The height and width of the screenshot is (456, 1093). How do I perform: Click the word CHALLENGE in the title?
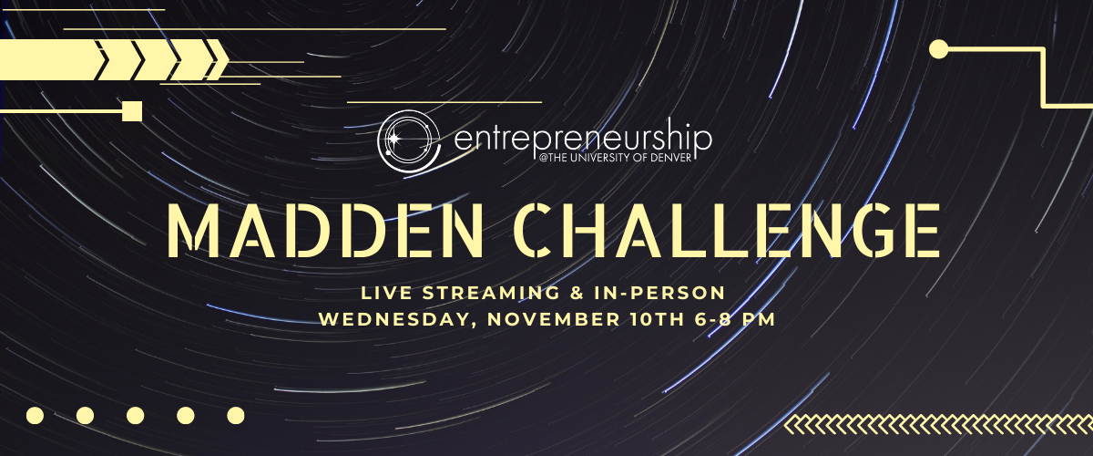727,230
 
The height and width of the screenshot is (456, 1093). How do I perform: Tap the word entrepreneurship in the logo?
583,140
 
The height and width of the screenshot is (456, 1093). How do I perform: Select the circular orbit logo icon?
409,141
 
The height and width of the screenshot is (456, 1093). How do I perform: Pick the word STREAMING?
491,293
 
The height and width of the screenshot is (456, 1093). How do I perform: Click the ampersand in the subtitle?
577,293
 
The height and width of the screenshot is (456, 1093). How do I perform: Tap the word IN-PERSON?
659,293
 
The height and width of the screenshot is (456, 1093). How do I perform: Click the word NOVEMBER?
554,319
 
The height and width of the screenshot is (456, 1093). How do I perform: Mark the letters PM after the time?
758,319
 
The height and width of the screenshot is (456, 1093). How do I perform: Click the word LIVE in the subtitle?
386,293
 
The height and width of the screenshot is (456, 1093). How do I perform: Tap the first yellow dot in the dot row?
36,416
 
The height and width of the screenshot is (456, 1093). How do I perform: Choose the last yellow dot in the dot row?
236,416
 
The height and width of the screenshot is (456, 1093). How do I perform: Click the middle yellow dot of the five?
135,416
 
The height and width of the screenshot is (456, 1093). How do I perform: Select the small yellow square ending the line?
132,111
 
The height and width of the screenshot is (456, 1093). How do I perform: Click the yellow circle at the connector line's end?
938,49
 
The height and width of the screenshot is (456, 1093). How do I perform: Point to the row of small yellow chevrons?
938,424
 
